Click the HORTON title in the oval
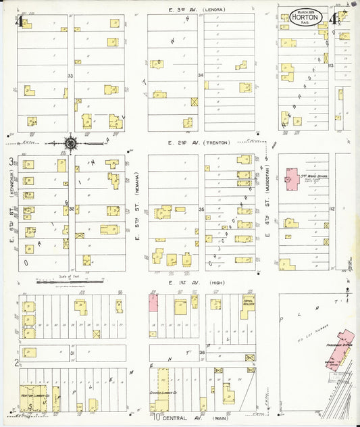pyautogui.click(x=307, y=18)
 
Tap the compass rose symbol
pyautogui.click(x=70, y=143)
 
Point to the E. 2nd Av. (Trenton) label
pyautogui.click(x=199, y=143)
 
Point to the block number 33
pyautogui.click(x=70, y=77)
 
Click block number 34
pyautogui.click(x=201, y=74)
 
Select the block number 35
pyautogui.click(x=201, y=209)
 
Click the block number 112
pyautogui.click(x=332, y=209)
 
